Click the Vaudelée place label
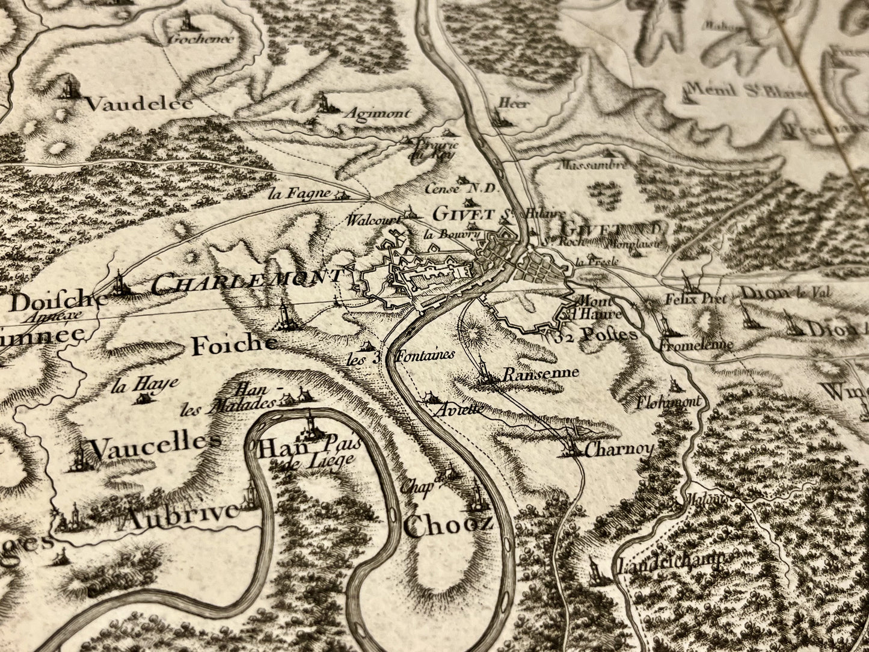pyautogui.click(x=140, y=103)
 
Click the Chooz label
pyautogui.click(x=448, y=525)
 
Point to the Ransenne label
pyautogui.click(x=540, y=373)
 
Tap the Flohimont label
pyautogui.click(x=669, y=402)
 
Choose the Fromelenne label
pyautogui.click(x=695, y=345)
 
